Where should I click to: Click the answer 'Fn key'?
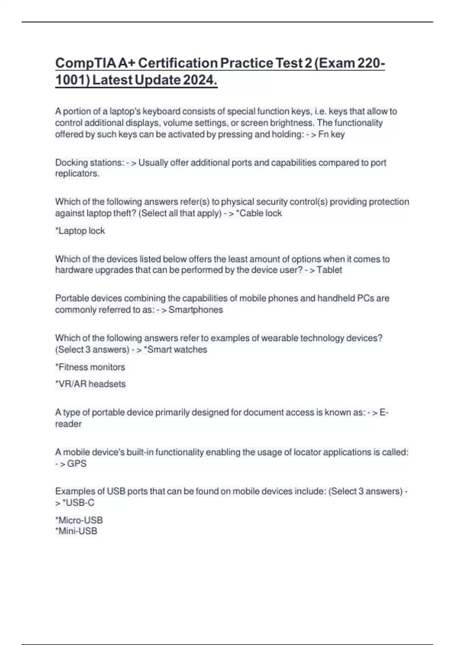point(331,134)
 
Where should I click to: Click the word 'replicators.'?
point(77,174)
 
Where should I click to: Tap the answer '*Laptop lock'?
point(80,231)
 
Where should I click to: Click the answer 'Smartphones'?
point(196,310)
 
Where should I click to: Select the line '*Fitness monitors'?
point(90,367)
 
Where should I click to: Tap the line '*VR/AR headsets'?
point(90,384)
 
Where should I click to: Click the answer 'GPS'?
point(77,464)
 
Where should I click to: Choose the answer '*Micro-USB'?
point(79,520)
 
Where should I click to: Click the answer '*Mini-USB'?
point(76,531)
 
